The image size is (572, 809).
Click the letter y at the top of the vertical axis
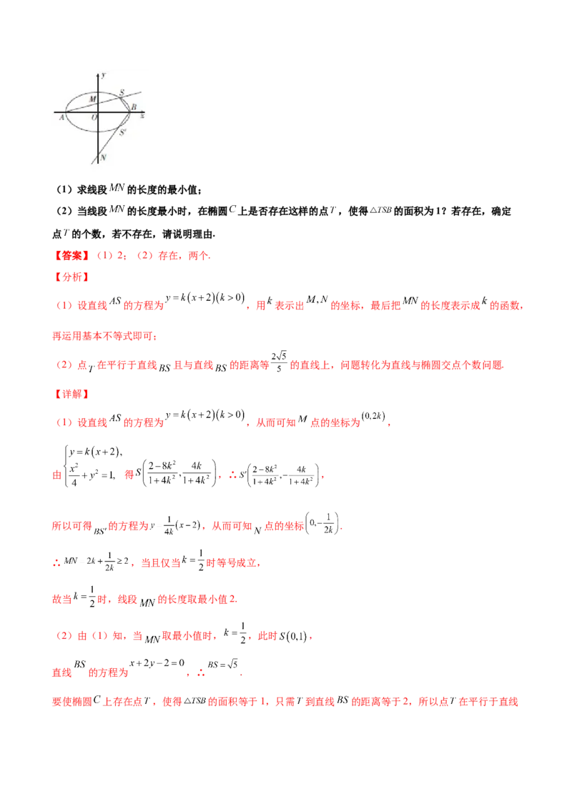(x=104, y=74)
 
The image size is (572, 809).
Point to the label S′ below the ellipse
(x=122, y=132)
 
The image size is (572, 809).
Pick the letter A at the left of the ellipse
(x=62, y=117)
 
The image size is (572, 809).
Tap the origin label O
(x=94, y=117)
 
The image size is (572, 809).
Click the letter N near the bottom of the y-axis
(x=104, y=157)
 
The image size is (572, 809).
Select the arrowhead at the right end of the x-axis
(x=144, y=111)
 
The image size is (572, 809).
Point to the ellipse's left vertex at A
(x=66, y=112)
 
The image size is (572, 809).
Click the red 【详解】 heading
(x=69, y=392)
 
